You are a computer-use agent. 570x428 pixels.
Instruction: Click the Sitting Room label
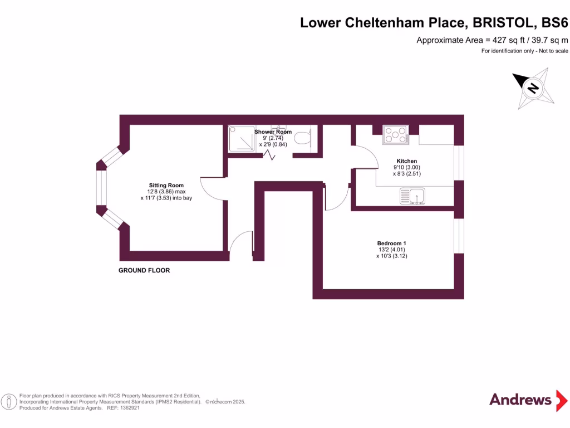pos(166,186)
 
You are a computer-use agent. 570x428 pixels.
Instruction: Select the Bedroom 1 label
pos(391,244)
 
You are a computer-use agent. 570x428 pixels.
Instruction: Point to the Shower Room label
pos(273,132)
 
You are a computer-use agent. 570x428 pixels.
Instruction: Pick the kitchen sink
pos(412,196)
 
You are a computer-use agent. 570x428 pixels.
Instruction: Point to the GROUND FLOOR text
pos(144,270)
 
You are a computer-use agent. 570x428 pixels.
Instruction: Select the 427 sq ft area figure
pos(504,40)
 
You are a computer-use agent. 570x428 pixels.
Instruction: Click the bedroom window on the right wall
pos(459,236)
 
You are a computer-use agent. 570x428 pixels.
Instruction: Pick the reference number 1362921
pos(127,408)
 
